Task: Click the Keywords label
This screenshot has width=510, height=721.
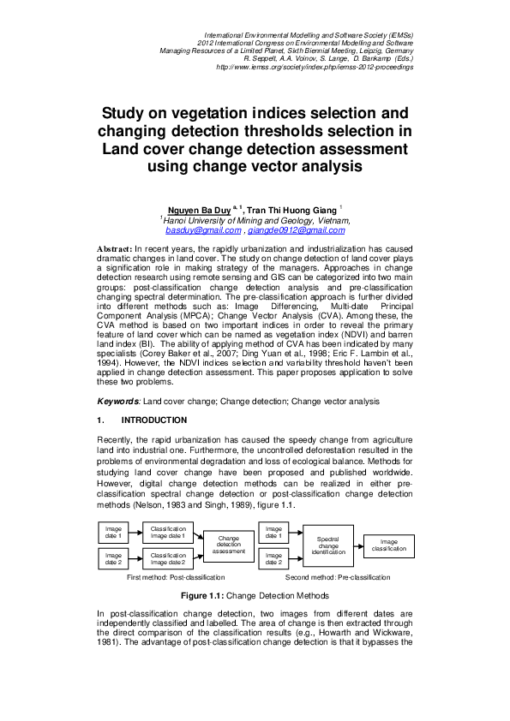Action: tap(118, 401)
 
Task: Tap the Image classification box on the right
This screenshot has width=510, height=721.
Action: tap(389, 545)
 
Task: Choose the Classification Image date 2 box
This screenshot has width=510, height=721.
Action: tap(168, 559)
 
